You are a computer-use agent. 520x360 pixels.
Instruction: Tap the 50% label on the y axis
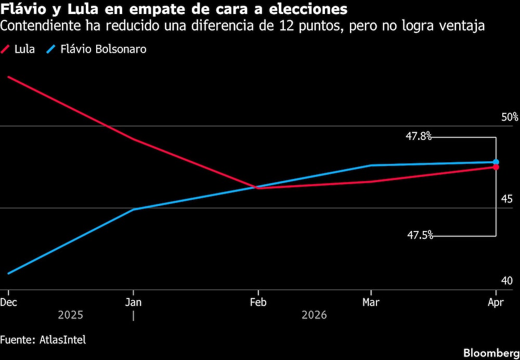pyautogui.click(x=510, y=117)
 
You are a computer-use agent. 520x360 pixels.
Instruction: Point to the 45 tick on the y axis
pyautogui.click(x=507, y=199)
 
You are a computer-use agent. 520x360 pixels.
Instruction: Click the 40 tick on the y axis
pyautogui.click(x=507, y=281)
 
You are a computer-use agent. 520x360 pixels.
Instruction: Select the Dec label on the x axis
pyautogui.click(x=8, y=302)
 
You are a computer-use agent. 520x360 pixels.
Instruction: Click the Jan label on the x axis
pyautogui.click(x=134, y=302)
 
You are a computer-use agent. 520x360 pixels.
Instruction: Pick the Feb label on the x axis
pyautogui.click(x=258, y=302)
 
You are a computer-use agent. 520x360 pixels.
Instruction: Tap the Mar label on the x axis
pyautogui.click(x=370, y=302)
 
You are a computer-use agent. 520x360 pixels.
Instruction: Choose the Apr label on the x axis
pyautogui.click(x=496, y=302)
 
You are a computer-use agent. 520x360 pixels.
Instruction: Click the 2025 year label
pyautogui.click(x=70, y=315)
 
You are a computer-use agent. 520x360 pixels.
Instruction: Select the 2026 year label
pyautogui.click(x=314, y=315)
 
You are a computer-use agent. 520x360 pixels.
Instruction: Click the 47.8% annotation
pyautogui.click(x=419, y=136)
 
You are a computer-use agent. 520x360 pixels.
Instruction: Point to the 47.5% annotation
pyautogui.click(x=420, y=235)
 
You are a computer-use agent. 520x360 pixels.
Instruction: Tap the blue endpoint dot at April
pyautogui.click(x=496, y=162)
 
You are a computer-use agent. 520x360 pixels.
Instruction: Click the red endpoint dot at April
pyautogui.click(x=496, y=167)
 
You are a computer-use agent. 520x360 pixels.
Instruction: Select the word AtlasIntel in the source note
pyautogui.click(x=62, y=340)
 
